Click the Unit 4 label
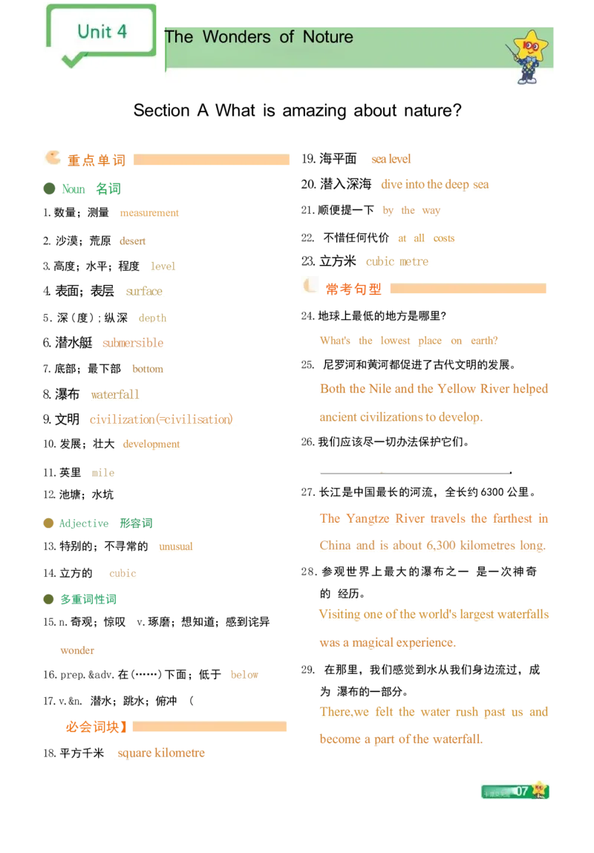point(102,31)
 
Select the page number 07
point(522,791)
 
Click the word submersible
point(133,343)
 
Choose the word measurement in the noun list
point(150,213)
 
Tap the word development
point(151,445)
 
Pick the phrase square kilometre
point(160,753)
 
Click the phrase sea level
point(391,159)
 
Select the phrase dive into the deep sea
point(435,185)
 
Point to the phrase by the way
point(411,212)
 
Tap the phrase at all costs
point(426,238)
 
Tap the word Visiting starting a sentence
point(339,615)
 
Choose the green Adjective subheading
point(86,523)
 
